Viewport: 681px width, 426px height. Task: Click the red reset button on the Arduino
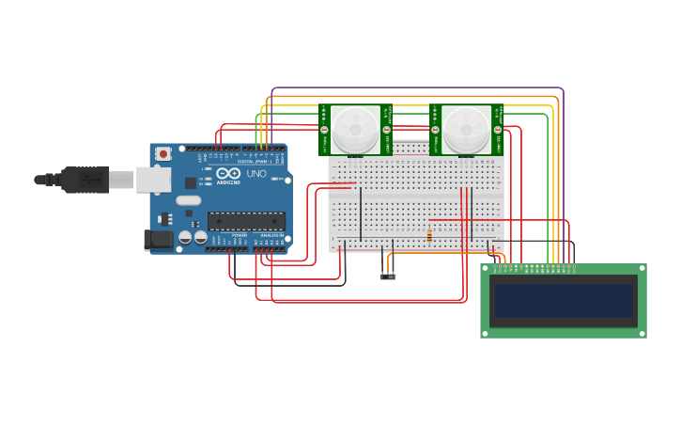click(x=163, y=153)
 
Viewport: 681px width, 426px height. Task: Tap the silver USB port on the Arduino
click(x=153, y=179)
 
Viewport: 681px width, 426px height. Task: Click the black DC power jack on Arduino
click(x=158, y=240)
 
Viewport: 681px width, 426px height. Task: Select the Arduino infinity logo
click(x=228, y=174)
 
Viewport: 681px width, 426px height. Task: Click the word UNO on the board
click(x=256, y=174)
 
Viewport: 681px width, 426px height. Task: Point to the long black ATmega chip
click(x=246, y=221)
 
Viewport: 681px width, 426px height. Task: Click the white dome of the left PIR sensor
click(x=355, y=128)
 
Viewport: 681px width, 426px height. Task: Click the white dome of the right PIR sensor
click(x=466, y=128)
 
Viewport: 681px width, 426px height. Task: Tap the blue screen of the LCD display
click(x=564, y=301)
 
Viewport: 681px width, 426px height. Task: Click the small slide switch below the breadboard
click(x=388, y=276)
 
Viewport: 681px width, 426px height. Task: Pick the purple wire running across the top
click(x=418, y=87)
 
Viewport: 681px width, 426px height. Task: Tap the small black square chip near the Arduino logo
click(x=191, y=182)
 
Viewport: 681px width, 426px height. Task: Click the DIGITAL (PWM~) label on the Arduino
click(x=255, y=161)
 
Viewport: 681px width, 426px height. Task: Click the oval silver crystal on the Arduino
click(x=188, y=199)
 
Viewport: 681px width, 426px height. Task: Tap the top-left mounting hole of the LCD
click(x=486, y=269)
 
